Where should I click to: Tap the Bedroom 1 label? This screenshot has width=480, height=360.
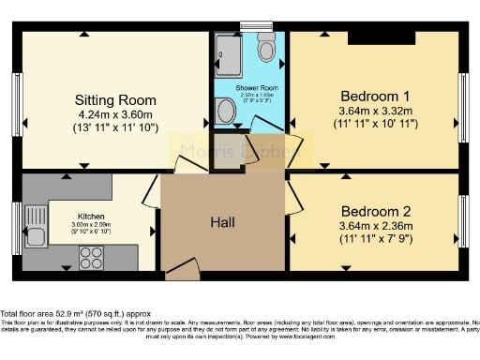coord(375,96)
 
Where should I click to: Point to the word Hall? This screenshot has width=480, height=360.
coord(222,222)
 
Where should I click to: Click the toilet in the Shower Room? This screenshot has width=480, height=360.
coord(265,44)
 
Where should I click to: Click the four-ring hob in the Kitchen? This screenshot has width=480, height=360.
coord(93,257)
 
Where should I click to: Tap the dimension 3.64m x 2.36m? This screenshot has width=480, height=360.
coord(375,226)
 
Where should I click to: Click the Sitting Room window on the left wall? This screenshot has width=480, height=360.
coord(16,97)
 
